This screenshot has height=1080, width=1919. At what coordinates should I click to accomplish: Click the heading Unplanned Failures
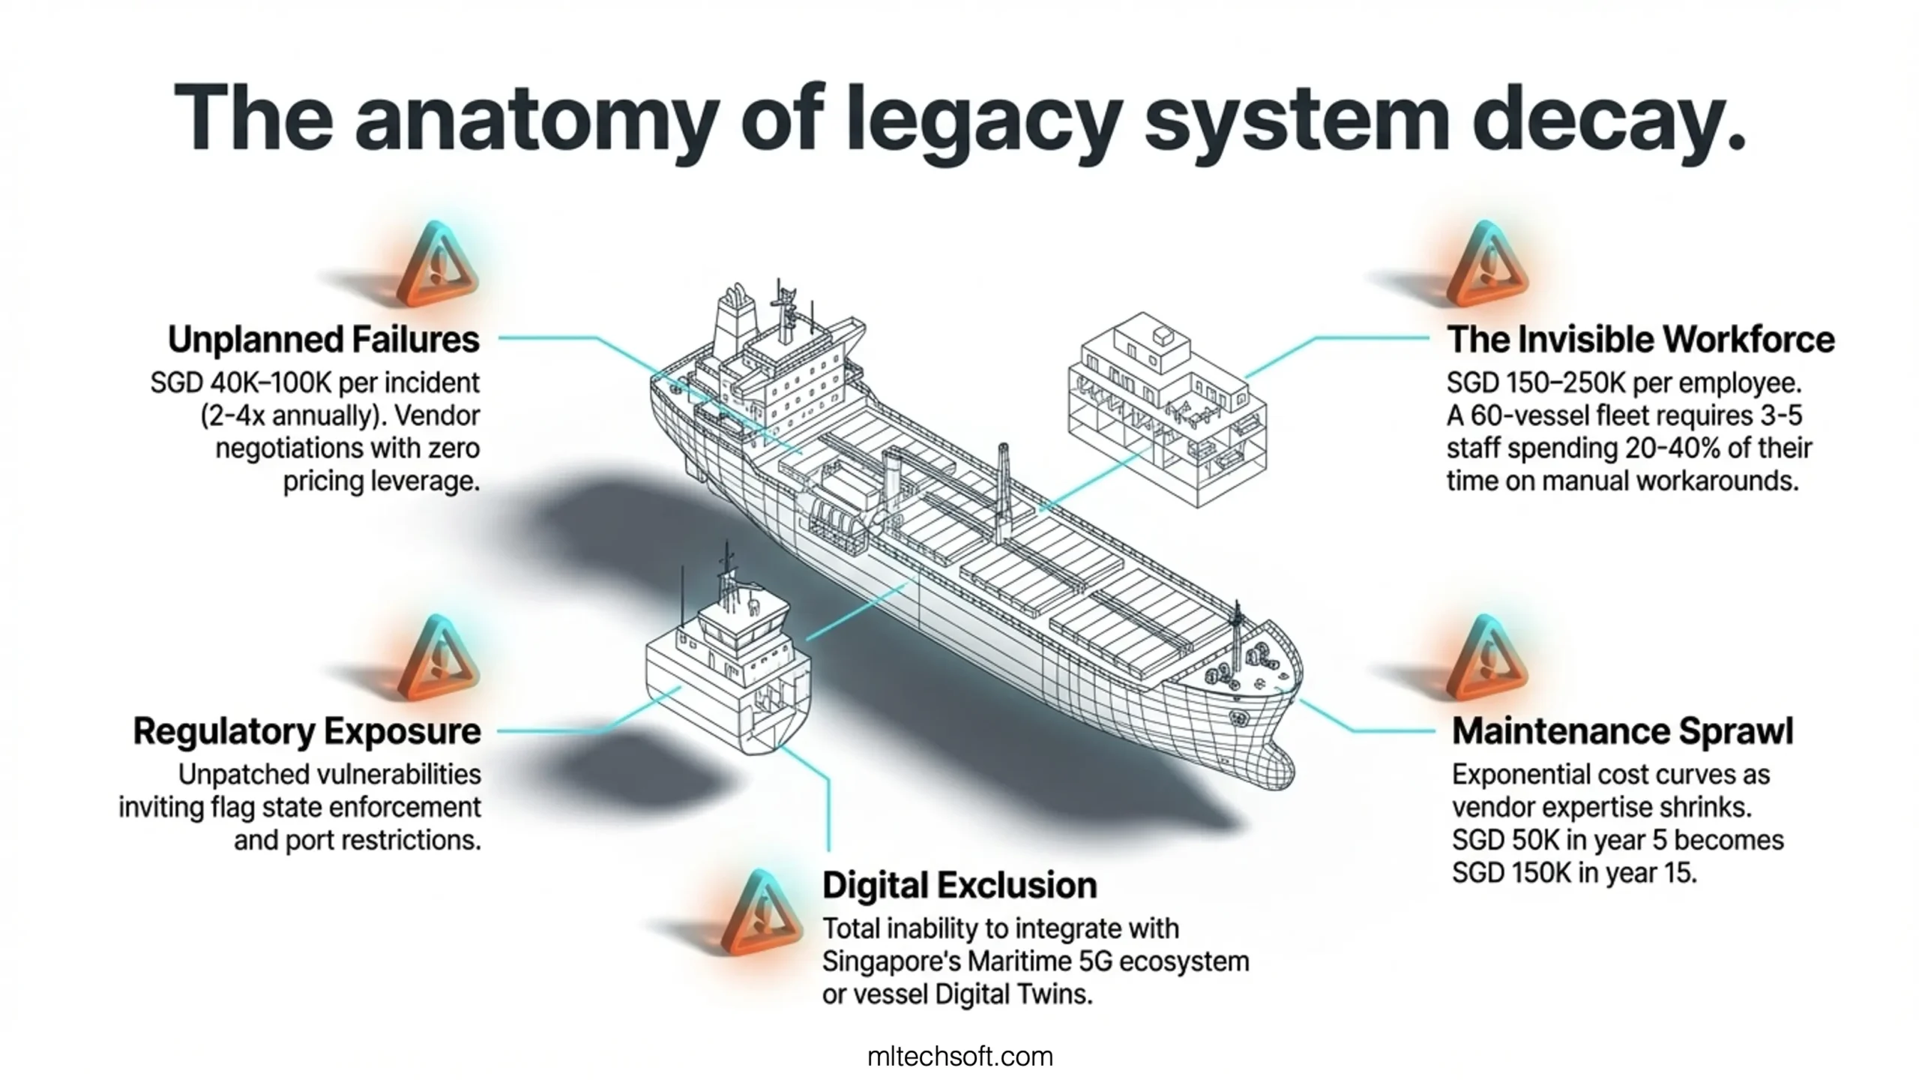click(323, 340)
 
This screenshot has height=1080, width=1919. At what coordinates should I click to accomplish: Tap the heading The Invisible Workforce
click(1640, 340)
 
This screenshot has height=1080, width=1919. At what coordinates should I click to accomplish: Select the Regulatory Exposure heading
click(307, 731)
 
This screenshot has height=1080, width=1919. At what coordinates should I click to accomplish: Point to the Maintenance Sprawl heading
click(1622, 731)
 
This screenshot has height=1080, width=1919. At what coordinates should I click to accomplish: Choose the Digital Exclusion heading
click(959, 886)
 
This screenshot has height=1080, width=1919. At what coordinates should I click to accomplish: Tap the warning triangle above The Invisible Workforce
click(1487, 267)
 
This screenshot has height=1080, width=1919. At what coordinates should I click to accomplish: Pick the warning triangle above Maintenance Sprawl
click(1487, 661)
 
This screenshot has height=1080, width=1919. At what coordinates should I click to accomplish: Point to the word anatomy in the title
click(536, 120)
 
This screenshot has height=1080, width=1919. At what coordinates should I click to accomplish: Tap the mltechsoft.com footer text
click(959, 1057)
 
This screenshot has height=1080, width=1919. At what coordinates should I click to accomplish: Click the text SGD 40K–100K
click(240, 383)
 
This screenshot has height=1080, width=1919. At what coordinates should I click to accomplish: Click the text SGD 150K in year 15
click(1573, 873)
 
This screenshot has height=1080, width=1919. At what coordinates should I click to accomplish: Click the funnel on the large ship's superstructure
click(735, 315)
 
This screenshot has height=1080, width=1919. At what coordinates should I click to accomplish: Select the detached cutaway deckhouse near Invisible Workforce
click(1166, 409)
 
